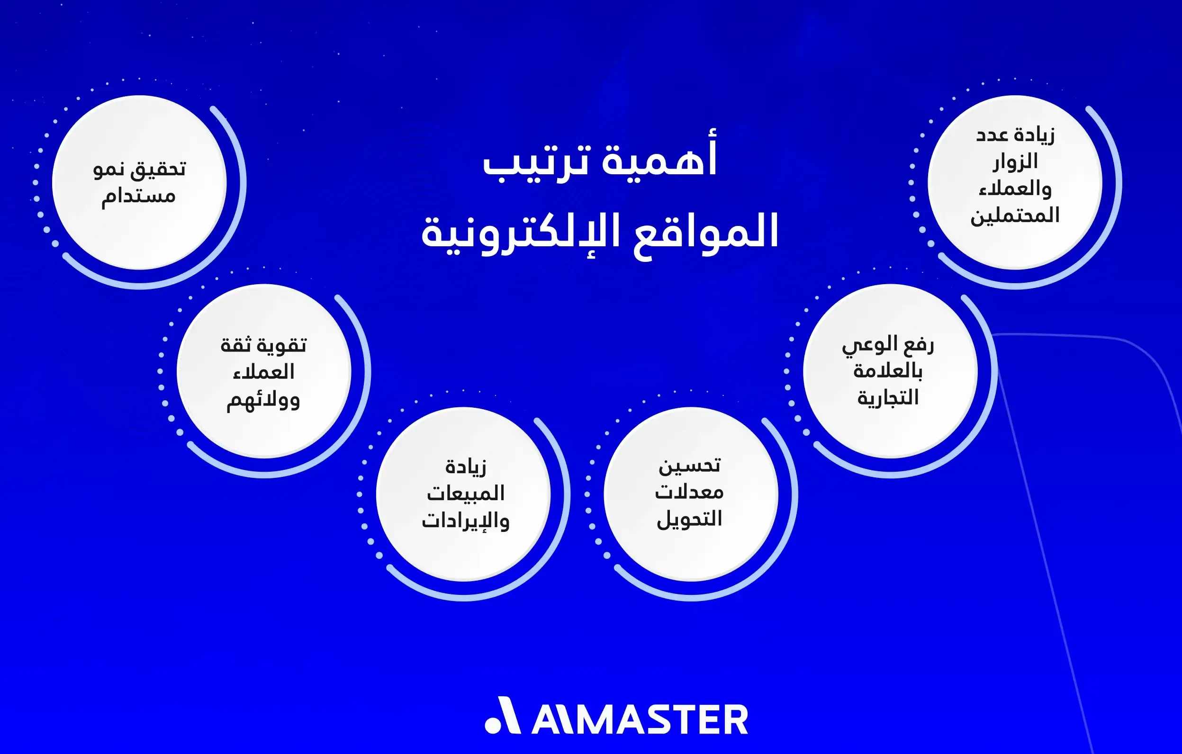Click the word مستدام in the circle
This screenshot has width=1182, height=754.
[x=138, y=197]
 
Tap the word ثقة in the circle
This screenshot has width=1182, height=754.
[x=236, y=345]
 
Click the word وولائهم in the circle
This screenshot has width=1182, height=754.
[x=263, y=400]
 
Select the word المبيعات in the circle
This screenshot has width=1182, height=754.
[x=465, y=493]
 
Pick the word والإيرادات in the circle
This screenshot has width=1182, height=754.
[x=465, y=521]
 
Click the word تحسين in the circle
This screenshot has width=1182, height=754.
[x=690, y=466]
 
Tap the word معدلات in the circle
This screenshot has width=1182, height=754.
[x=689, y=492]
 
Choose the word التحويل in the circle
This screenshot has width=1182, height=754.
[x=690, y=519]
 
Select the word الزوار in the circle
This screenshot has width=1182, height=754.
[x=1015, y=162]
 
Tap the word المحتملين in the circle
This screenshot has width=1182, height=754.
[x=1015, y=216]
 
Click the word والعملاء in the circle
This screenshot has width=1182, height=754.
[x=1015, y=189]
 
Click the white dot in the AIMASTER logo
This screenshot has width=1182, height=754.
[x=492, y=726]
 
